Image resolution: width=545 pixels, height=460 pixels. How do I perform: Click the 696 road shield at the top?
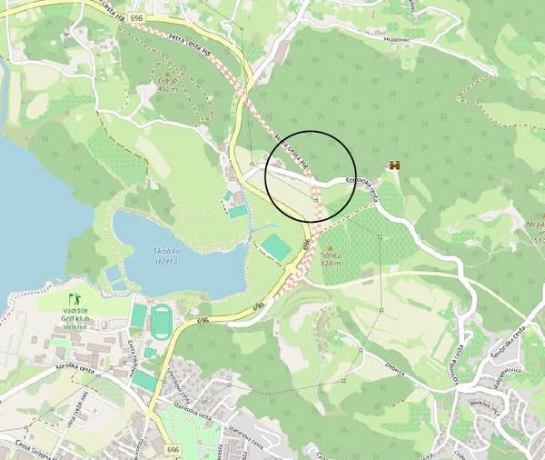[x=135, y=17]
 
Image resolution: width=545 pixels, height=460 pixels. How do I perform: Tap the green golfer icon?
[x=75, y=297]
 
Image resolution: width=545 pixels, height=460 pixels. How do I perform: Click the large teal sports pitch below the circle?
[x=276, y=245]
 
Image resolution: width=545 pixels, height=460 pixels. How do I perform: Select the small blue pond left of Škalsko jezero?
[x=113, y=274]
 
